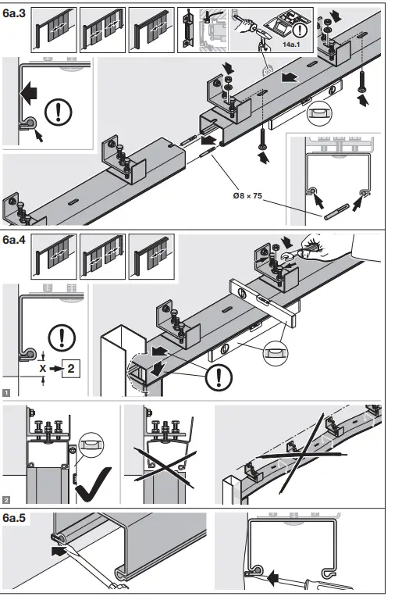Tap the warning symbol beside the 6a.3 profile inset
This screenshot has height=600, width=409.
[x=58, y=112]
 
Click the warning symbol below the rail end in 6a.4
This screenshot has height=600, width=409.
[x=219, y=380]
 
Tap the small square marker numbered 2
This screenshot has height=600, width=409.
[x=7, y=498]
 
